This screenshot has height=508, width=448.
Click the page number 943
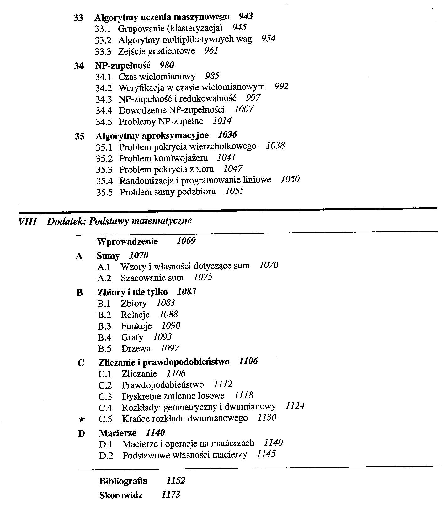pos(246,16)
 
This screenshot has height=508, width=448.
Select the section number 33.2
pos(103,40)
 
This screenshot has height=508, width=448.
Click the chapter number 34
pos(79,66)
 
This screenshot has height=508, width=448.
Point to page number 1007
pos(244,109)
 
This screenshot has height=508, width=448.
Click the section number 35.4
pos(104,181)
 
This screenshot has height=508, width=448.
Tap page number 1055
pos(234,191)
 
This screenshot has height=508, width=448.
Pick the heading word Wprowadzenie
pos(127,242)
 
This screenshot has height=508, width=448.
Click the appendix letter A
pos(79,257)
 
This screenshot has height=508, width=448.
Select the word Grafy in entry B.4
pos(132,337)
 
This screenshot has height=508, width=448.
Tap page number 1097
pos(169,348)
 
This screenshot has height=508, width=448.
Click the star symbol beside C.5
pos(81,419)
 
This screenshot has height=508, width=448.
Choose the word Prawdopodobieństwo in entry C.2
pos(163,385)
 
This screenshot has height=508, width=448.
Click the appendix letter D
pos(81,434)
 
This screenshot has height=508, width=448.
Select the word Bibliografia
pos(123,481)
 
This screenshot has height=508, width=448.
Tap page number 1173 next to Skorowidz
pos(171,495)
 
